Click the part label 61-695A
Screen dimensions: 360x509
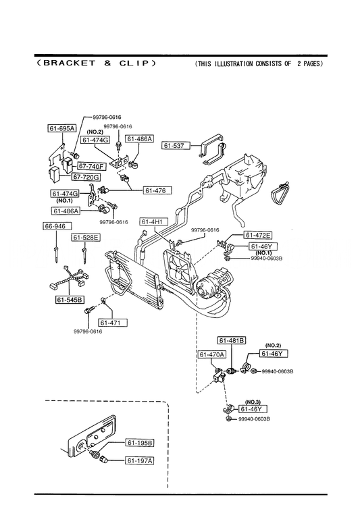click(x=62, y=128)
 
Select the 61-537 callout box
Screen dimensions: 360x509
click(x=176, y=145)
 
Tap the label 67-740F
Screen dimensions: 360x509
click(x=92, y=166)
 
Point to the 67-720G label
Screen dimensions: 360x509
click(x=86, y=177)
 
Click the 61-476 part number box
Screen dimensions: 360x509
click(x=157, y=190)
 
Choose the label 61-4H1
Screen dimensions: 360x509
click(x=154, y=221)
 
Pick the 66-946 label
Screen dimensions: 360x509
click(x=57, y=226)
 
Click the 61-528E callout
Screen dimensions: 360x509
click(x=86, y=238)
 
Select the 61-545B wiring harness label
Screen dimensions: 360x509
click(x=70, y=300)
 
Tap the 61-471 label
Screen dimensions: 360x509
click(x=113, y=323)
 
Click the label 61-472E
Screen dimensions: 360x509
click(x=258, y=235)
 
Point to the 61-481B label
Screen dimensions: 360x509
click(x=232, y=340)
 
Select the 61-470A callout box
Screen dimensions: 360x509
click(x=212, y=354)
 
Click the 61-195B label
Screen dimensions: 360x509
click(x=140, y=443)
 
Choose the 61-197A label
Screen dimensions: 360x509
click(x=140, y=460)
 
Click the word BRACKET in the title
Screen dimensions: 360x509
click(x=69, y=63)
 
